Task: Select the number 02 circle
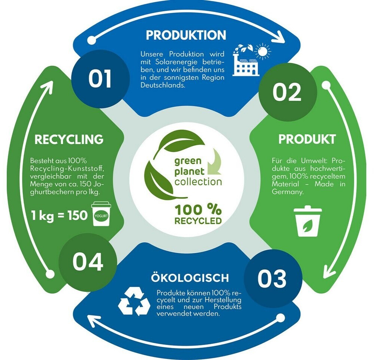coord(287,92)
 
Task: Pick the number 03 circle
coord(272,279)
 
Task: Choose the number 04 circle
coord(88,262)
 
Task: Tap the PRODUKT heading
coord(307,139)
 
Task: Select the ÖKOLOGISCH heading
coord(190,278)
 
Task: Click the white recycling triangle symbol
coord(134,301)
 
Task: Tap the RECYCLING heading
coord(69,139)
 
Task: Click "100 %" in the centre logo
coord(197,209)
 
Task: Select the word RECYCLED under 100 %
coord(197,220)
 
